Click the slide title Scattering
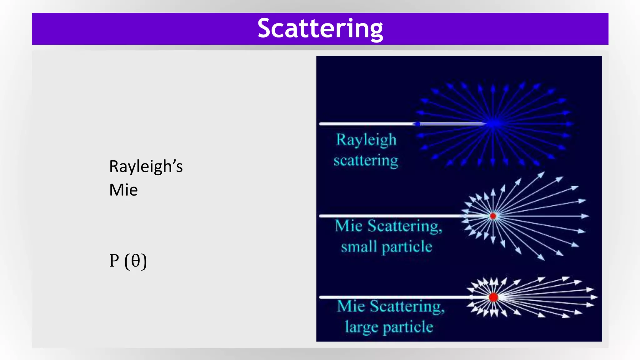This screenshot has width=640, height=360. click(320, 28)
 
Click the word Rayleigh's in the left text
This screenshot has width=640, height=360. click(146, 166)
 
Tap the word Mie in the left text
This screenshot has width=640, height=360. click(123, 190)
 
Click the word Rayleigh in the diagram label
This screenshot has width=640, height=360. click(366, 140)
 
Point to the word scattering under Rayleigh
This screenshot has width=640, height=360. click(366, 161)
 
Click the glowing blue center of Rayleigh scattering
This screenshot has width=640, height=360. click(493, 124)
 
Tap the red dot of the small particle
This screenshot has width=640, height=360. click(493, 216)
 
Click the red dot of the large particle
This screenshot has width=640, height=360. click(493, 297)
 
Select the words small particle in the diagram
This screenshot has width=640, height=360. click(387, 247)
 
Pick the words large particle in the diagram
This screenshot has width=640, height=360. click(389, 327)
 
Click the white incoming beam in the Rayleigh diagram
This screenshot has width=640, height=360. click(366, 124)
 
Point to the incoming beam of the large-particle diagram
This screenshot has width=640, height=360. click(391, 297)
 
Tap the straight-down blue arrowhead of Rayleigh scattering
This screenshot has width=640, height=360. click(493, 162)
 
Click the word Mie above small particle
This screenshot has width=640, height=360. click(348, 226)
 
